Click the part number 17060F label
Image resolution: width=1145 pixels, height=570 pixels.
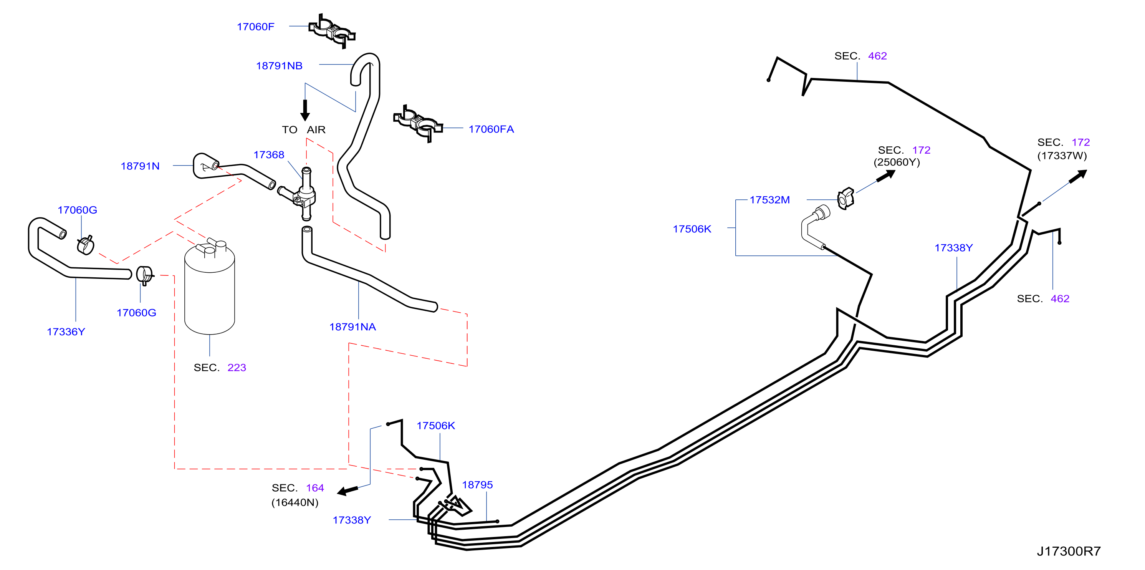point(256,27)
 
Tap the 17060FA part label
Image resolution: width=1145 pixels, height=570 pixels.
point(491,129)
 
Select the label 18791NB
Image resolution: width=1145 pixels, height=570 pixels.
point(279,66)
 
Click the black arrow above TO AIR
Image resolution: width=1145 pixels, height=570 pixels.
point(305,110)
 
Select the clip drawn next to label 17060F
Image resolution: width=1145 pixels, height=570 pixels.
point(332,31)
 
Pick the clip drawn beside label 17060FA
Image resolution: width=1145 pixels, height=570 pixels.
point(418,124)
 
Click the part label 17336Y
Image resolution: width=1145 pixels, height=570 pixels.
point(66,332)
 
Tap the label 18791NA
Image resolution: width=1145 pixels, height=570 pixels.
point(352,327)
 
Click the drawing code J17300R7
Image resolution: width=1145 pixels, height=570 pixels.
point(1069,551)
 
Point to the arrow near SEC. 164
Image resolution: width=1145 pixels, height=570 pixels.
point(347,490)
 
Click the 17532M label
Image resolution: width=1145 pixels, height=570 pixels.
point(770,200)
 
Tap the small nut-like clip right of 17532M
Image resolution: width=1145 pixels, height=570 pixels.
point(846,198)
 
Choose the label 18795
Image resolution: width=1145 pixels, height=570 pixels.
point(477,485)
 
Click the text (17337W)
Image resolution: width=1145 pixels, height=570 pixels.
point(1062,156)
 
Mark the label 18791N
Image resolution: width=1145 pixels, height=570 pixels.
point(140,166)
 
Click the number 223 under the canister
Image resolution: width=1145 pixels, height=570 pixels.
point(237,368)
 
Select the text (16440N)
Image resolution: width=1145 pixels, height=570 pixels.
point(295,502)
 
